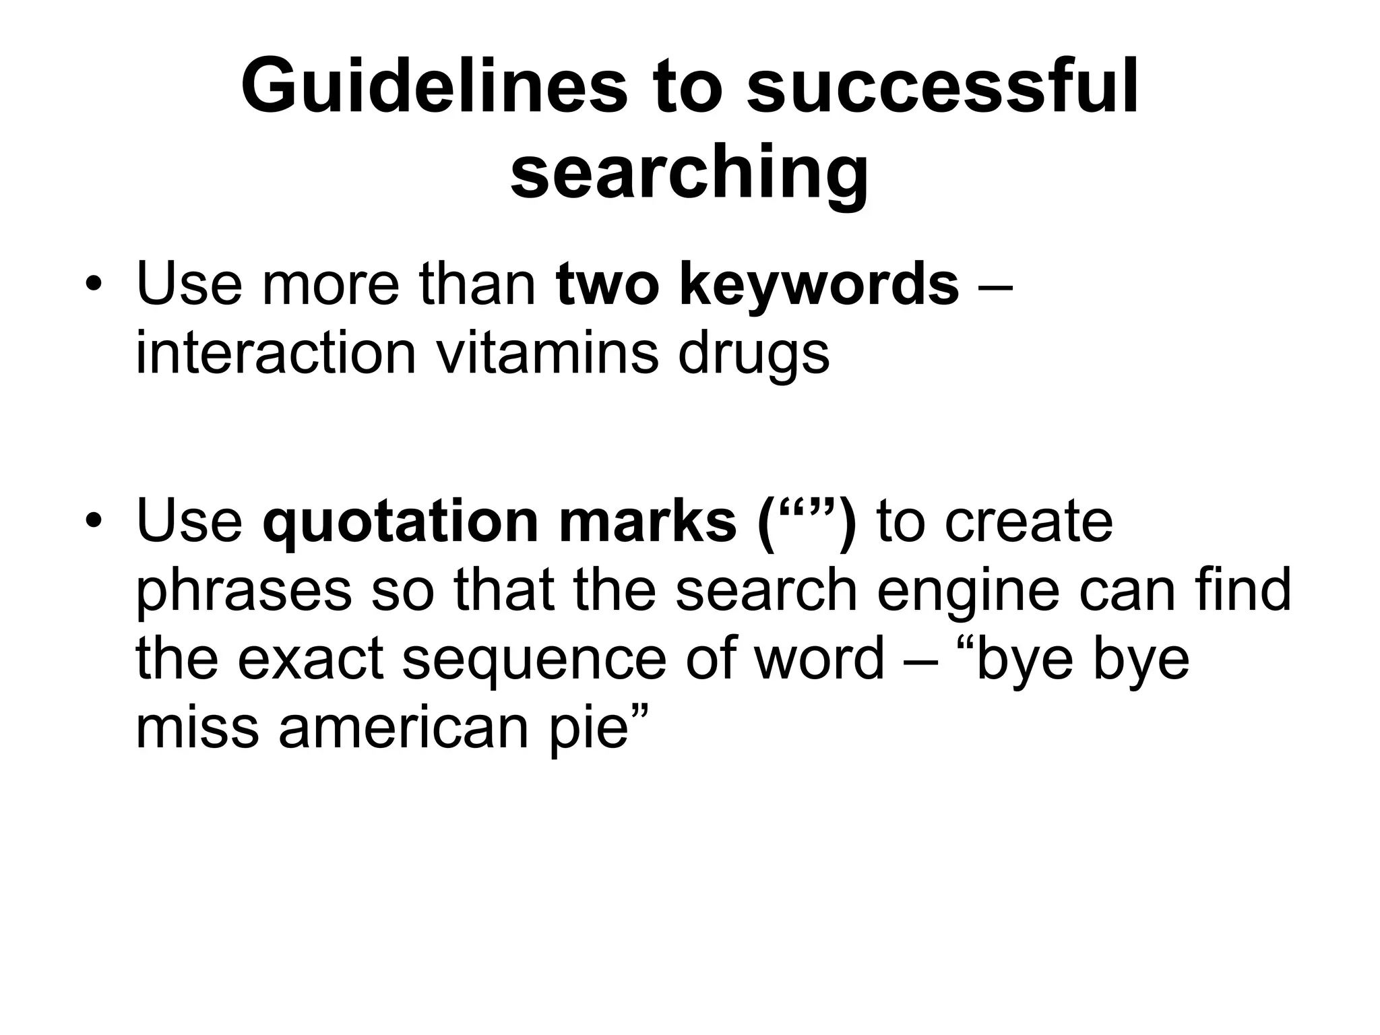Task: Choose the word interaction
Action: (x=276, y=353)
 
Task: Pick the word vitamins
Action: (x=547, y=353)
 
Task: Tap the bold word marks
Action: (x=648, y=522)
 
